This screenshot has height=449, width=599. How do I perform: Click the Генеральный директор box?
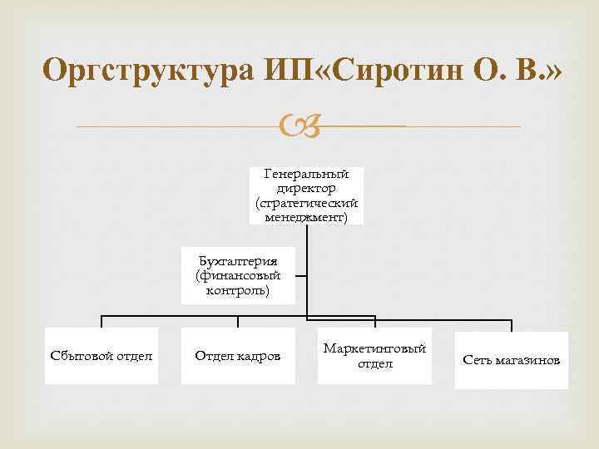(306, 195)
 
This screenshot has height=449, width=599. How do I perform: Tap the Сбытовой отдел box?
(101, 357)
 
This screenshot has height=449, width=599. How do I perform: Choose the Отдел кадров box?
(238, 357)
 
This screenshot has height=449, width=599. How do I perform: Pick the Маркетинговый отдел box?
(374, 357)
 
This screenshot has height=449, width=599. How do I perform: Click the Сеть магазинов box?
(511, 360)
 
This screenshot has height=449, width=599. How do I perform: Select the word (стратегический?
(306, 204)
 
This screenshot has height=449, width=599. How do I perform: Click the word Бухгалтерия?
(237, 259)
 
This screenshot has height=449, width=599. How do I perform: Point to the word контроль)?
(237, 290)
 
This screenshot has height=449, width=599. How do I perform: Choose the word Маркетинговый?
(374, 348)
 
